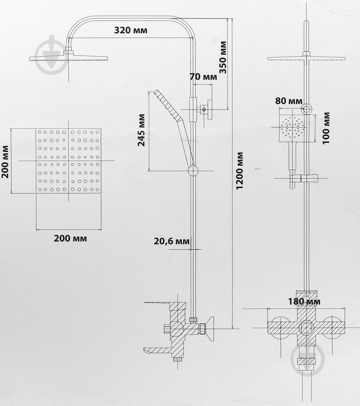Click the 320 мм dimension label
tap(131, 30)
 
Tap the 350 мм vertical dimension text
tap(222, 57)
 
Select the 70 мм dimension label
tap(203, 77)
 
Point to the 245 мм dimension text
tap(142, 130)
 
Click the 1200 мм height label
tap(240, 171)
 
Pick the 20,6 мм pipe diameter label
tap(172, 241)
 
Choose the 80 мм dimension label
tap(289, 101)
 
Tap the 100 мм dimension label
tap(326, 128)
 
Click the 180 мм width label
tap(304, 301)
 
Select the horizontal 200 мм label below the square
tap(70, 238)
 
